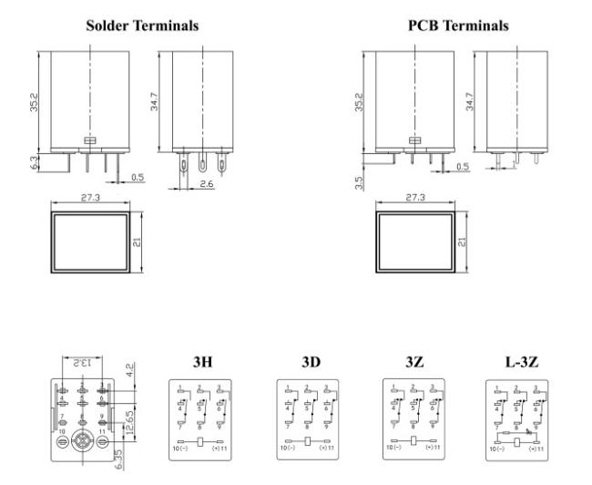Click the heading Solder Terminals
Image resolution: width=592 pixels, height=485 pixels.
tap(142, 26)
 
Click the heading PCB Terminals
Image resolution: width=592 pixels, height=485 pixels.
tap(458, 26)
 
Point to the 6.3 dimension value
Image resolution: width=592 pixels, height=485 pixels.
tap(34, 162)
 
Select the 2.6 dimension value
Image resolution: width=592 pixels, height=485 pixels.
tap(206, 184)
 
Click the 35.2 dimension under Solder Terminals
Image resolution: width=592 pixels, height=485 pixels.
tap(34, 100)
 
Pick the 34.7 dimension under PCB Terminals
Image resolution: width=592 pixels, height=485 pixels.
tap(470, 100)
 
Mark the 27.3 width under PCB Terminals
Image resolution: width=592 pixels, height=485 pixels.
tap(414, 197)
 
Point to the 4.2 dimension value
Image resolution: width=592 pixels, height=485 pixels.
tap(132, 371)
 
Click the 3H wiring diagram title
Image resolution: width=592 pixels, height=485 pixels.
tap(202, 361)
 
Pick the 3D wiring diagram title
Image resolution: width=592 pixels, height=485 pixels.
tap(310, 361)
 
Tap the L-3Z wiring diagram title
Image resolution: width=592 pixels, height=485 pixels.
tap(522, 361)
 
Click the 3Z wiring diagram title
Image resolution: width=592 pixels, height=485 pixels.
tap(414, 361)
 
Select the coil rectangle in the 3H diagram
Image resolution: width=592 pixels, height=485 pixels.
tap(202, 440)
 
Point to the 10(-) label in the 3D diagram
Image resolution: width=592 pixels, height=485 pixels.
tap(288, 449)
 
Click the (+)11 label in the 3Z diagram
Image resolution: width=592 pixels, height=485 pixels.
tap(432, 449)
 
